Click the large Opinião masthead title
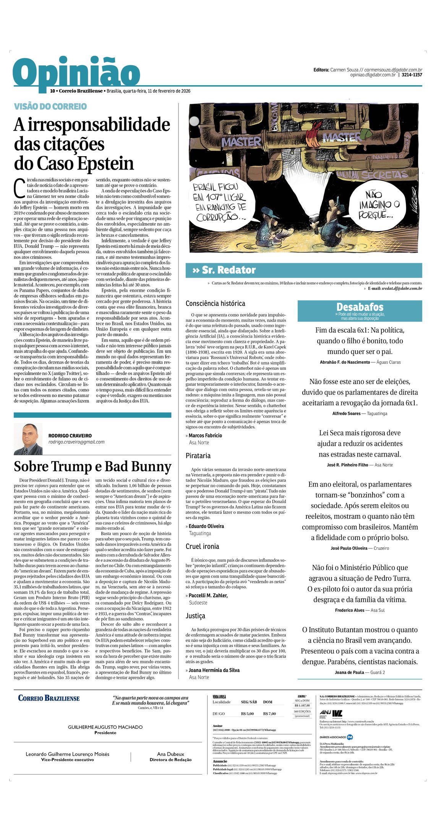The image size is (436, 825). point(76,73)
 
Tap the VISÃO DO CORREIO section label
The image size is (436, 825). point(50,107)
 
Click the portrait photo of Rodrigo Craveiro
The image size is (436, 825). point(28,439)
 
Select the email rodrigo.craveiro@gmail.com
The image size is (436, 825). point(76,442)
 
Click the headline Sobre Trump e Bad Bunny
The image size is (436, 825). point(92,466)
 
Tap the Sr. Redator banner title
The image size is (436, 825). point(229,270)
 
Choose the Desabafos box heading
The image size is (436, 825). point(360,307)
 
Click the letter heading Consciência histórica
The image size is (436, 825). point(215,303)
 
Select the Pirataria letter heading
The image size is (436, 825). point(198,456)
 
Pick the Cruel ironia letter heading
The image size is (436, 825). point(202,546)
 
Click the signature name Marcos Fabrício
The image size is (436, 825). point(205,435)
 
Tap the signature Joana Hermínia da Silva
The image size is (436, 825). point(214,670)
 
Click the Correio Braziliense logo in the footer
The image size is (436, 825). point(49,698)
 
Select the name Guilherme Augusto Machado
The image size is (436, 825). point(105,727)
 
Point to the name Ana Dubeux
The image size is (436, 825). point(170,754)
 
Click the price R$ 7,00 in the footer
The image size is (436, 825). point(269,713)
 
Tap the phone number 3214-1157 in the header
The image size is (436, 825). point(412,75)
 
